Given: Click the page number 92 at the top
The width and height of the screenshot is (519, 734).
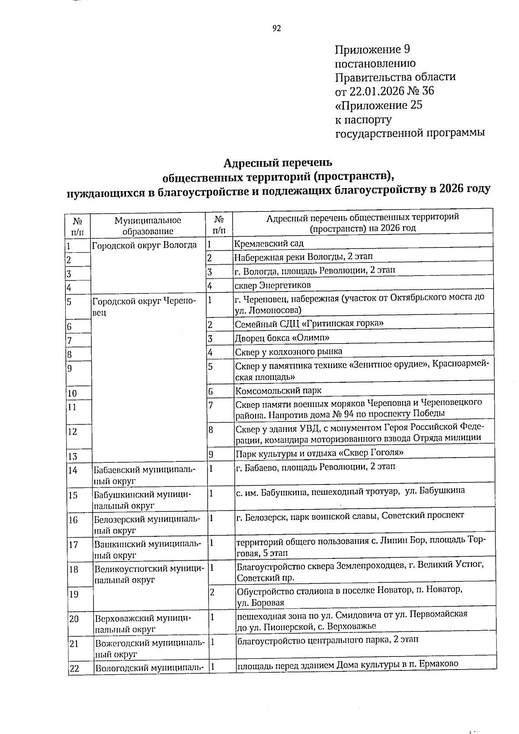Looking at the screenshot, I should (277, 29).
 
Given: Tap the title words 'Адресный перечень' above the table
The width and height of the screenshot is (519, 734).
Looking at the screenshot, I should (277, 163).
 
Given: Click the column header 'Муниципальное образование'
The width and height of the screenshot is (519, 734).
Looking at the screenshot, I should (147, 225).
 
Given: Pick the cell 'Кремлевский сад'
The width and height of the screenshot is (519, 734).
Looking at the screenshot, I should (269, 243).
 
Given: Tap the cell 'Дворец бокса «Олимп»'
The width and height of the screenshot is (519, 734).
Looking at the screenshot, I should (282, 337).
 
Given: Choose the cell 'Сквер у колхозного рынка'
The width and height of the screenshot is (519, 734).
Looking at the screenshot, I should (288, 351).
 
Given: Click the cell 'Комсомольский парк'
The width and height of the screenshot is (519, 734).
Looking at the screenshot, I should (278, 391).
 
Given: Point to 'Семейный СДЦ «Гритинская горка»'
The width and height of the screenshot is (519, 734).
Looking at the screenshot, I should (309, 323).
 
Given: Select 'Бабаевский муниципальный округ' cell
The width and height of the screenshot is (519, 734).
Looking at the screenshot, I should (144, 474).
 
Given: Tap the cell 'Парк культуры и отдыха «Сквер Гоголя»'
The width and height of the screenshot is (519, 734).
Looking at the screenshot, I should (319, 453).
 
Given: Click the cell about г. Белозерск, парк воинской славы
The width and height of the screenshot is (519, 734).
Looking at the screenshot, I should (350, 515).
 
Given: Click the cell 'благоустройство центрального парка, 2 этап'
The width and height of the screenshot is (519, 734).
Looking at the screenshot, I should (327, 640).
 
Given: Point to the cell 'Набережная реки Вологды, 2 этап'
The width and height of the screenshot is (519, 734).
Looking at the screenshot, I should (303, 257).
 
